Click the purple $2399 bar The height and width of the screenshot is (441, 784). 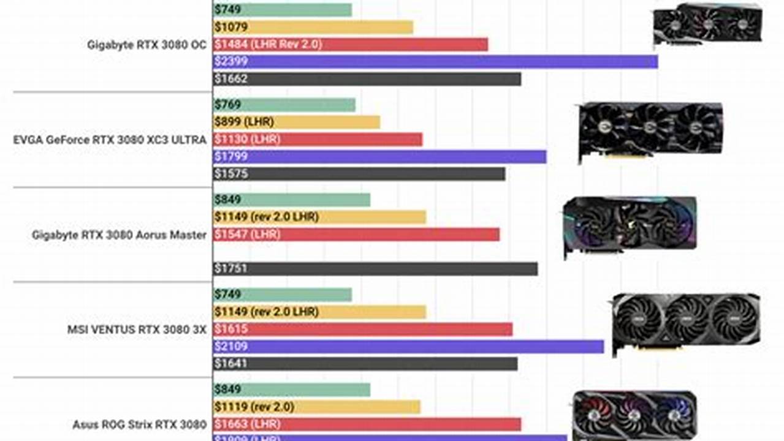pos(435,61)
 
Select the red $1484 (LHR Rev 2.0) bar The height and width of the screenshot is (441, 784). pos(350,44)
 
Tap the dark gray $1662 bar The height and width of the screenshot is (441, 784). pos(367,78)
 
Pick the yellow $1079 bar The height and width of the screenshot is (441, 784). pos(313,27)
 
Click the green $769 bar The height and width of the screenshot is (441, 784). pos(284,105)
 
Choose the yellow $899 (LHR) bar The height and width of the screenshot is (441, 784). pos(296,122)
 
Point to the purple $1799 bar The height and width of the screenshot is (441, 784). pos(379,157)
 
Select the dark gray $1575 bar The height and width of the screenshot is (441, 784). pos(359,174)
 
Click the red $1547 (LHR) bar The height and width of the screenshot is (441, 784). pos(356,234)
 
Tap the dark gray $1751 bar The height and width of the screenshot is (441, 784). pos(375,269)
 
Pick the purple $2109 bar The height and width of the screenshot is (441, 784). pos(408,347)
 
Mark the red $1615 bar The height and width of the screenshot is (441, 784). pos(362,329)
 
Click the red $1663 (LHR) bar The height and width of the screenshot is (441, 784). pos(367,424)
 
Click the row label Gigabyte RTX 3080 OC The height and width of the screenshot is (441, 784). pos(147,44)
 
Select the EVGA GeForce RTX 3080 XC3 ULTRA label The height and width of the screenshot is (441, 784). pos(110,140)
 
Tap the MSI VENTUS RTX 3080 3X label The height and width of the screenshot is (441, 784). pos(137,329)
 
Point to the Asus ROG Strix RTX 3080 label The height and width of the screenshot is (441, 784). pos(139,424)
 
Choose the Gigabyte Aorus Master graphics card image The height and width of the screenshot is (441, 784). pos(630,224)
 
